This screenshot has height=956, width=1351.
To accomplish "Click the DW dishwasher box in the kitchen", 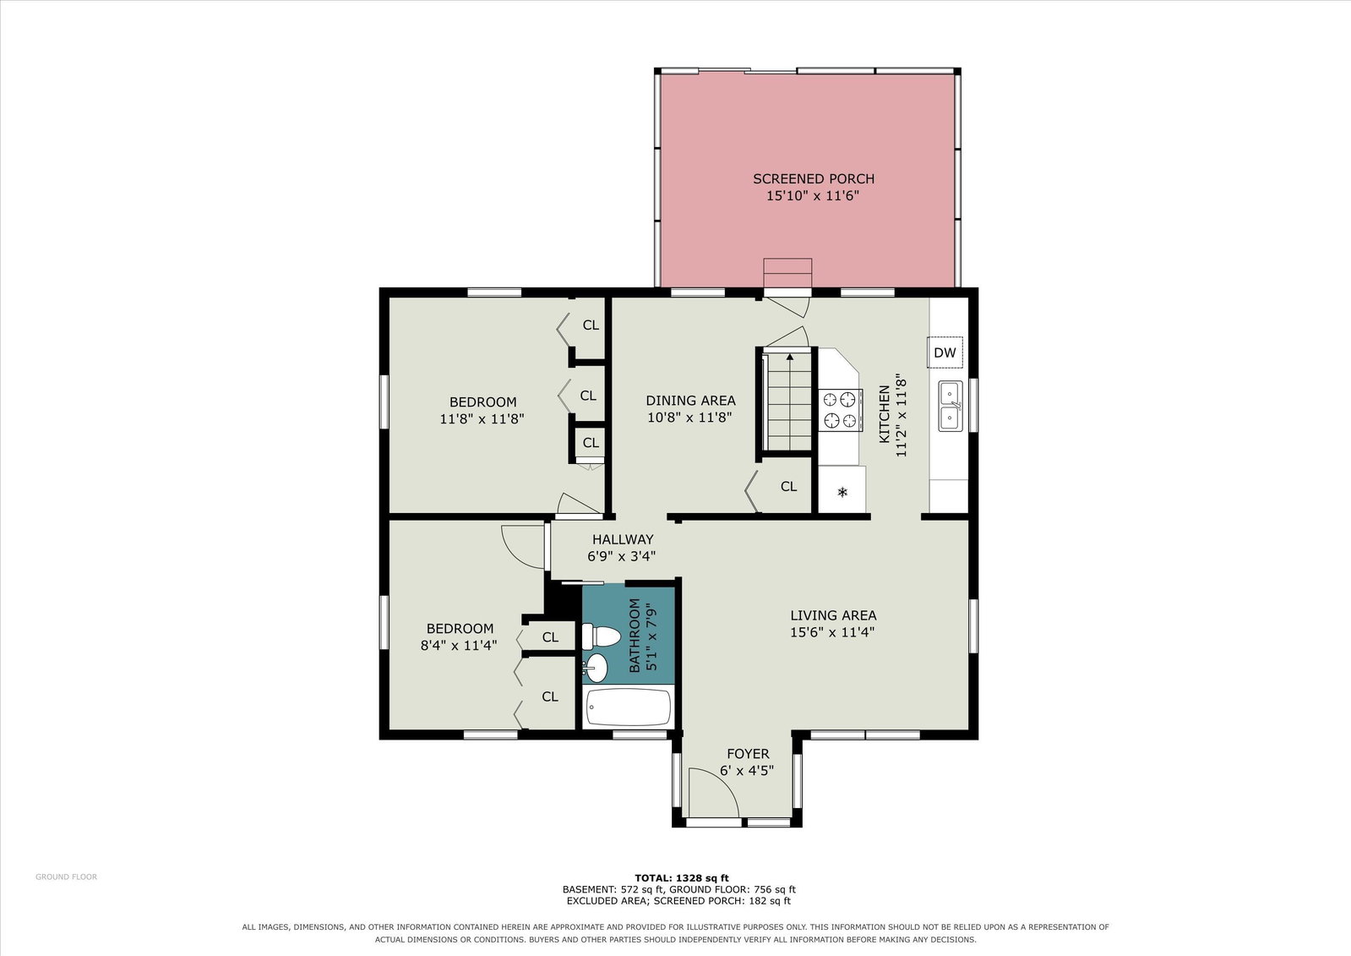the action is pyautogui.click(x=945, y=352).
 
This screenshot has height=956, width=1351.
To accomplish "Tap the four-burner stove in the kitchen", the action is pyautogui.click(x=840, y=410).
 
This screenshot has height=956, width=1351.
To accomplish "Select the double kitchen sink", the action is pyautogui.click(x=951, y=407).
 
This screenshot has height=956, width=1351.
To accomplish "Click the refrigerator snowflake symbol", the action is pyautogui.click(x=842, y=493).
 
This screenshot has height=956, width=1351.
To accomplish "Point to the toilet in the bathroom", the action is pyautogui.click(x=601, y=636).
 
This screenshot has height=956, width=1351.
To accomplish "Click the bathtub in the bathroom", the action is pyautogui.click(x=629, y=707).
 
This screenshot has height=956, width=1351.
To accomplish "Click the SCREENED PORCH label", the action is pyautogui.click(x=814, y=178).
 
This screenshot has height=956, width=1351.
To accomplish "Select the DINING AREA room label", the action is pyautogui.click(x=690, y=400).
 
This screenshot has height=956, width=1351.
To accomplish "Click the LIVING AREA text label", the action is pyautogui.click(x=834, y=615).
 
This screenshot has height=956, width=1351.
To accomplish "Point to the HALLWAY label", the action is pyautogui.click(x=623, y=539).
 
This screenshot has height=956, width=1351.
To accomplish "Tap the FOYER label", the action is pyautogui.click(x=748, y=754).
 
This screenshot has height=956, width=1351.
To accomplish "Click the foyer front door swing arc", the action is pyautogui.click(x=723, y=781).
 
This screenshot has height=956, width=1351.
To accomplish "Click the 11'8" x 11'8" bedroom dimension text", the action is pyautogui.click(x=482, y=419).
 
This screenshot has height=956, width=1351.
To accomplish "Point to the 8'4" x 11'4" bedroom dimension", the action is pyautogui.click(x=459, y=645).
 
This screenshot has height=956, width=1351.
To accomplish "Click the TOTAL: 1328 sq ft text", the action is pyautogui.click(x=682, y=878).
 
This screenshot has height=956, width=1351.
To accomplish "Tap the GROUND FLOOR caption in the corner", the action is pyautogui.click(x=67, y=877).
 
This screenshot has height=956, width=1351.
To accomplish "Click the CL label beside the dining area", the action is pyautogui.click(x=788, y=486).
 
